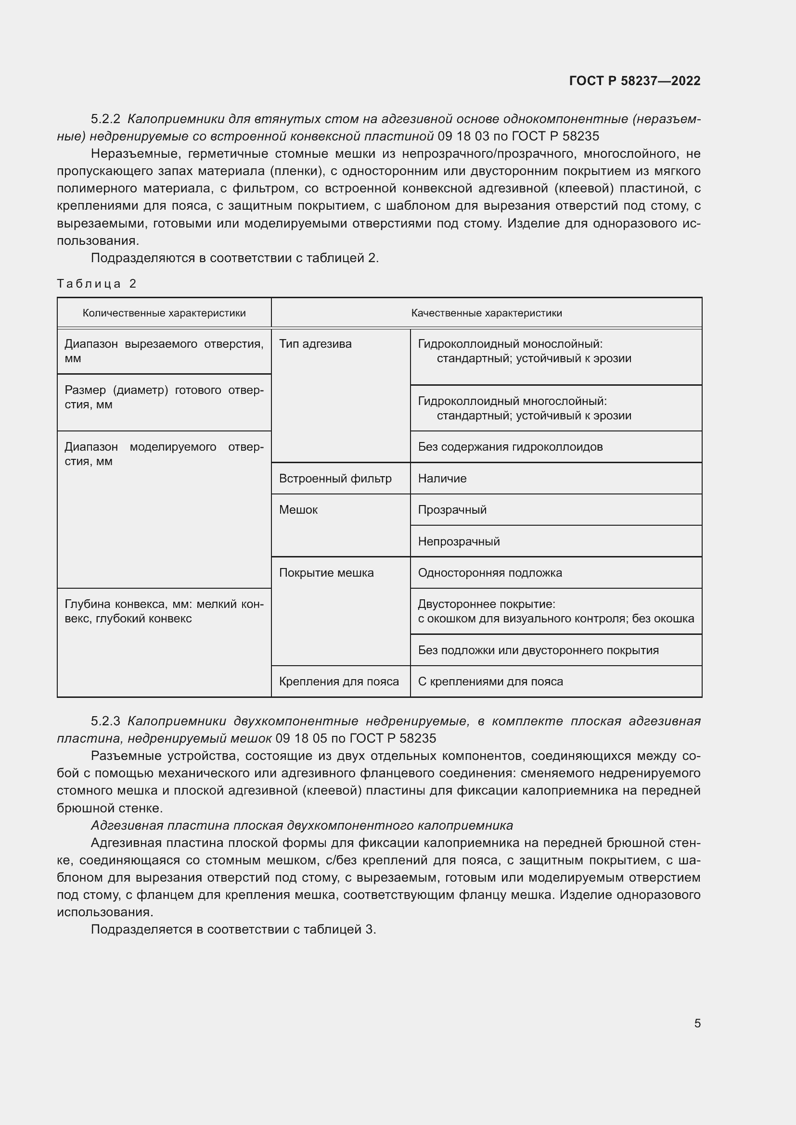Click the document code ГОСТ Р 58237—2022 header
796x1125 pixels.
(635, 81)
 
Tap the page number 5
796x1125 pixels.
(697, 1023)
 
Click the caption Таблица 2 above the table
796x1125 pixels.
(97, 284)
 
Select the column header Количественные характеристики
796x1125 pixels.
(164, 313)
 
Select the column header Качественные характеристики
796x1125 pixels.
(486, 313)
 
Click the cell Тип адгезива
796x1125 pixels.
(315, 344)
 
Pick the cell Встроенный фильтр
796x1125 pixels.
(335, 479)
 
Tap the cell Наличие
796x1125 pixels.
(442, 479)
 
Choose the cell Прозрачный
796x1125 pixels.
(452, 510)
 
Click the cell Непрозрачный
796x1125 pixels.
(459, 542)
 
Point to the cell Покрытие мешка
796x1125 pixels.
(326, 573)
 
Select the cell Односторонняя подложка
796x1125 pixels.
(489, 573)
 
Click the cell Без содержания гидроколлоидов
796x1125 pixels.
(510, 447)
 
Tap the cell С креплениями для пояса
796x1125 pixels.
(490, 682)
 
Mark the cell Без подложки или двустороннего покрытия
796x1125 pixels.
(538, 650)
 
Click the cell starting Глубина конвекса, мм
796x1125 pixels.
(164, 611)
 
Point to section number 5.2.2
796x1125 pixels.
(105, 119)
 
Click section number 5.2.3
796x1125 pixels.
(105, 721)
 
